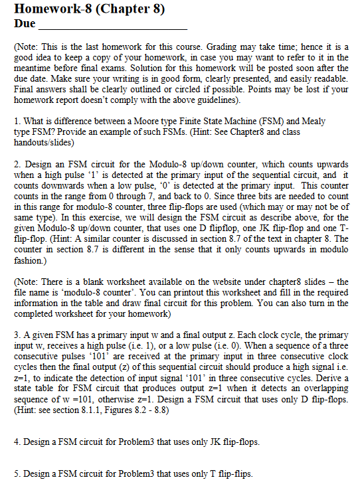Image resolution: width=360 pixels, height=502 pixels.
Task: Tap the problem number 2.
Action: (16, 163)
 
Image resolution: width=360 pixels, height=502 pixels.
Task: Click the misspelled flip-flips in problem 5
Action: (237, 473)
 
